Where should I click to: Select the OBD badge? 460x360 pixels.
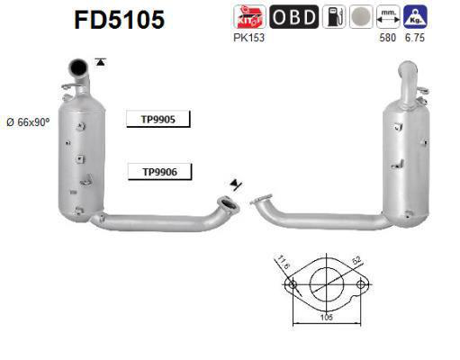(293, 16)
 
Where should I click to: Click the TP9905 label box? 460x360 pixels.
(158, 118)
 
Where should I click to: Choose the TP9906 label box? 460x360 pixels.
(158, 172)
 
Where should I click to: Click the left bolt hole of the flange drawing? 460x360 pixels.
(290, 286)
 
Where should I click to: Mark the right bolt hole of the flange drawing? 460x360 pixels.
(361, 286)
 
